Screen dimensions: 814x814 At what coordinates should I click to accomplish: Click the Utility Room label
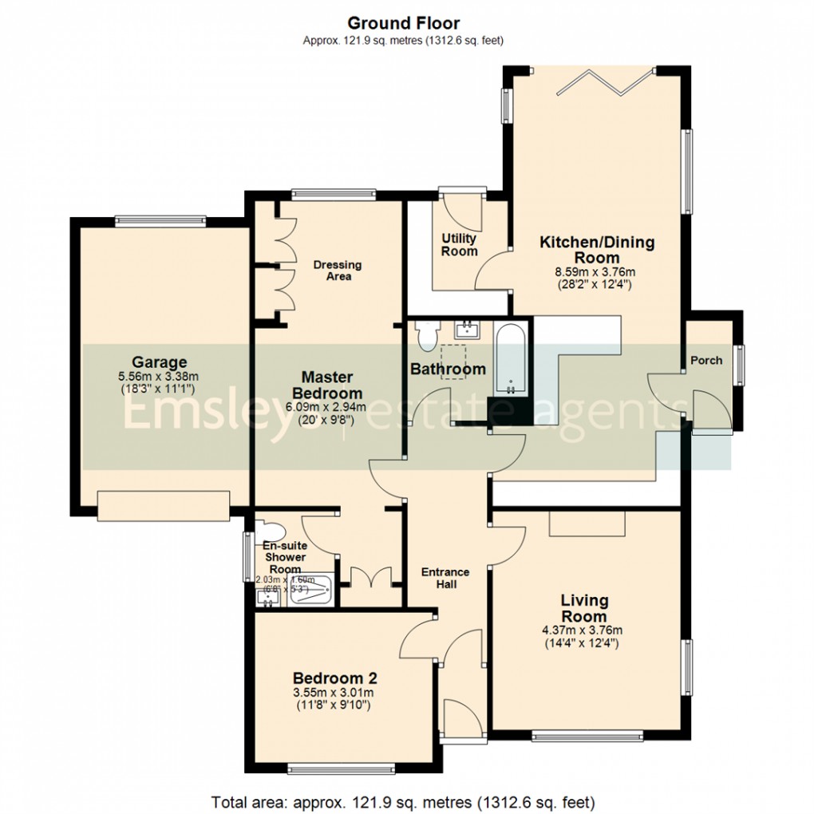click(x=459, y=244)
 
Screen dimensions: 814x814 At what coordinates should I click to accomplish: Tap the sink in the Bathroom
click(x=465, y=328)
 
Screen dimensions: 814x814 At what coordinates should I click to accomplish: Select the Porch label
click(x=705, y=360)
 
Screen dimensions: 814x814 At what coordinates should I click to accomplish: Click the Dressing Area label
click(x=337, y=271)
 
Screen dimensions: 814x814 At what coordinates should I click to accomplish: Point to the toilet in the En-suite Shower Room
click(x=268, y=531)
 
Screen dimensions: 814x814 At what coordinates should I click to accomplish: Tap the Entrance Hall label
click(x=445, y=578)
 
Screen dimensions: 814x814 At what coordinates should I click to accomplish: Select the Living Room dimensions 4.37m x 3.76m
click(x=584, y=630)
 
